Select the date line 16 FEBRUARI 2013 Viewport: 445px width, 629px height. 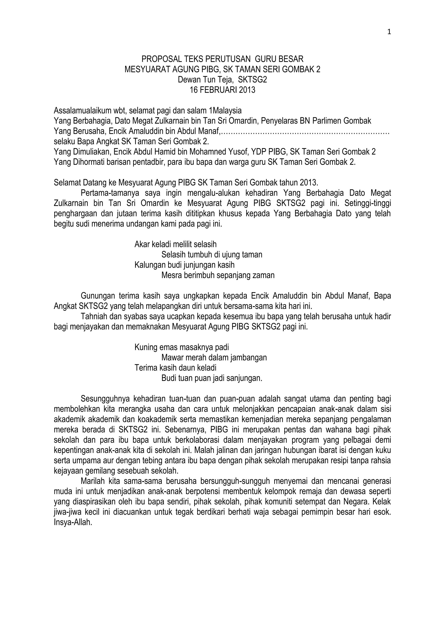point(222,90)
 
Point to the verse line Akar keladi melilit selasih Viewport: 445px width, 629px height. point(175,244)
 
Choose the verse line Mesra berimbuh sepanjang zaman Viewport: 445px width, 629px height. point(218,275)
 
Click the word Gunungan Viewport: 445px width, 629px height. point(97,296)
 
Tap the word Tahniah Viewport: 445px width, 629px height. point(94,317)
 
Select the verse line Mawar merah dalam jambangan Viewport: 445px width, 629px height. point(214,358)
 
